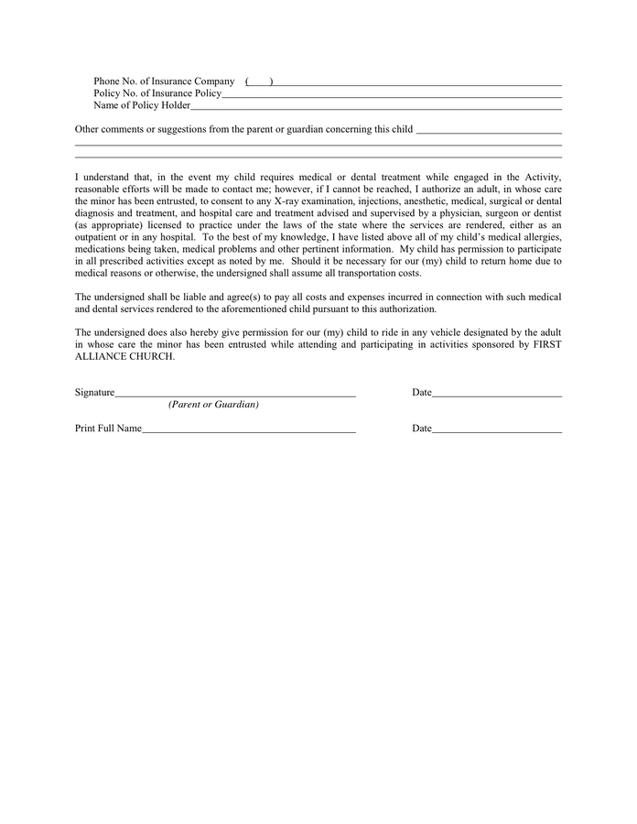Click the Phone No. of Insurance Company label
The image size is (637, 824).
164,81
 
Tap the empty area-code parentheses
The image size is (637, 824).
259,82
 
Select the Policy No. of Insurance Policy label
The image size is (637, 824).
157,93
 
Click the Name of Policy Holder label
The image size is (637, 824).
142,105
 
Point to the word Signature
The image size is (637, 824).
94,393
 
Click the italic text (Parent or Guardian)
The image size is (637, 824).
213,405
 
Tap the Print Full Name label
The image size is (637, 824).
108,428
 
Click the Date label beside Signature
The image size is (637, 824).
421,393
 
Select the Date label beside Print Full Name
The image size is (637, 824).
421,428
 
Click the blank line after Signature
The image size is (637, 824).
235,395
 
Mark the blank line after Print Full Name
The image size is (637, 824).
249,430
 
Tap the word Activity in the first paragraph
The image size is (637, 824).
538,177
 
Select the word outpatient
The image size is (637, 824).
99,236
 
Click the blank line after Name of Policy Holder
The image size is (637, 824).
375,107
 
